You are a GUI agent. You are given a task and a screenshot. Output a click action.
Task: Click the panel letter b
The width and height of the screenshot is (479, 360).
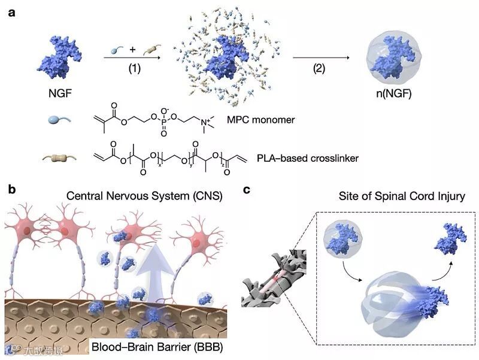[x=10, y=190]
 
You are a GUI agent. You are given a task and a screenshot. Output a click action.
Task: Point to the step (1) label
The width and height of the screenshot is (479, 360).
[x=135, y=68]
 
